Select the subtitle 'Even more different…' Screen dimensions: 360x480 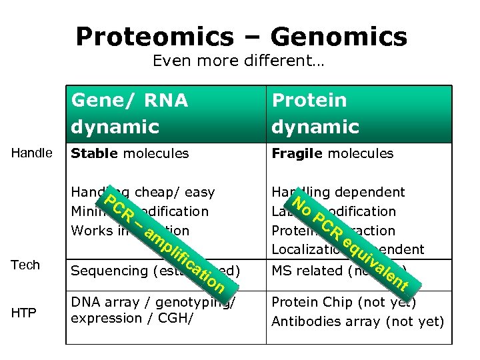point(239,61)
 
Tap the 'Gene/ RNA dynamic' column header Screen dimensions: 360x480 point(130,113)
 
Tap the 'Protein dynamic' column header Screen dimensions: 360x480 point(315,113)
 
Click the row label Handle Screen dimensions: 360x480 point(32,153)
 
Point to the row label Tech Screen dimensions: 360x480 point(25,265)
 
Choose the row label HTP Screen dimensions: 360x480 point(24,313)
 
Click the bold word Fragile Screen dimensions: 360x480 point(295,153)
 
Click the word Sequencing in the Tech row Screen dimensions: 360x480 point(108,271)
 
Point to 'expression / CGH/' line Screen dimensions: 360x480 point(131,318)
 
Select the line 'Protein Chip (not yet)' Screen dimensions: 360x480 point(343,302)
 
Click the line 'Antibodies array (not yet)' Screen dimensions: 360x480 point(357,321)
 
